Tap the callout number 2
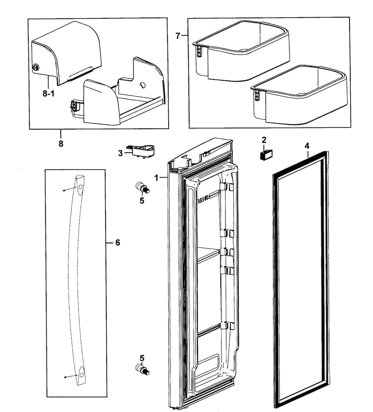pos(264,140)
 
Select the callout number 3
pos(120,153)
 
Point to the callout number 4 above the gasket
pos(307,146)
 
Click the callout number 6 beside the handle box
pos(117,243)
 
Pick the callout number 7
pos(178,36)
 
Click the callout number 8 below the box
pos(61,144)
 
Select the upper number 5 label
pos(142,201)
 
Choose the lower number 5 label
pos(142,358)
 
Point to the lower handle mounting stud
pos(142,369)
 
